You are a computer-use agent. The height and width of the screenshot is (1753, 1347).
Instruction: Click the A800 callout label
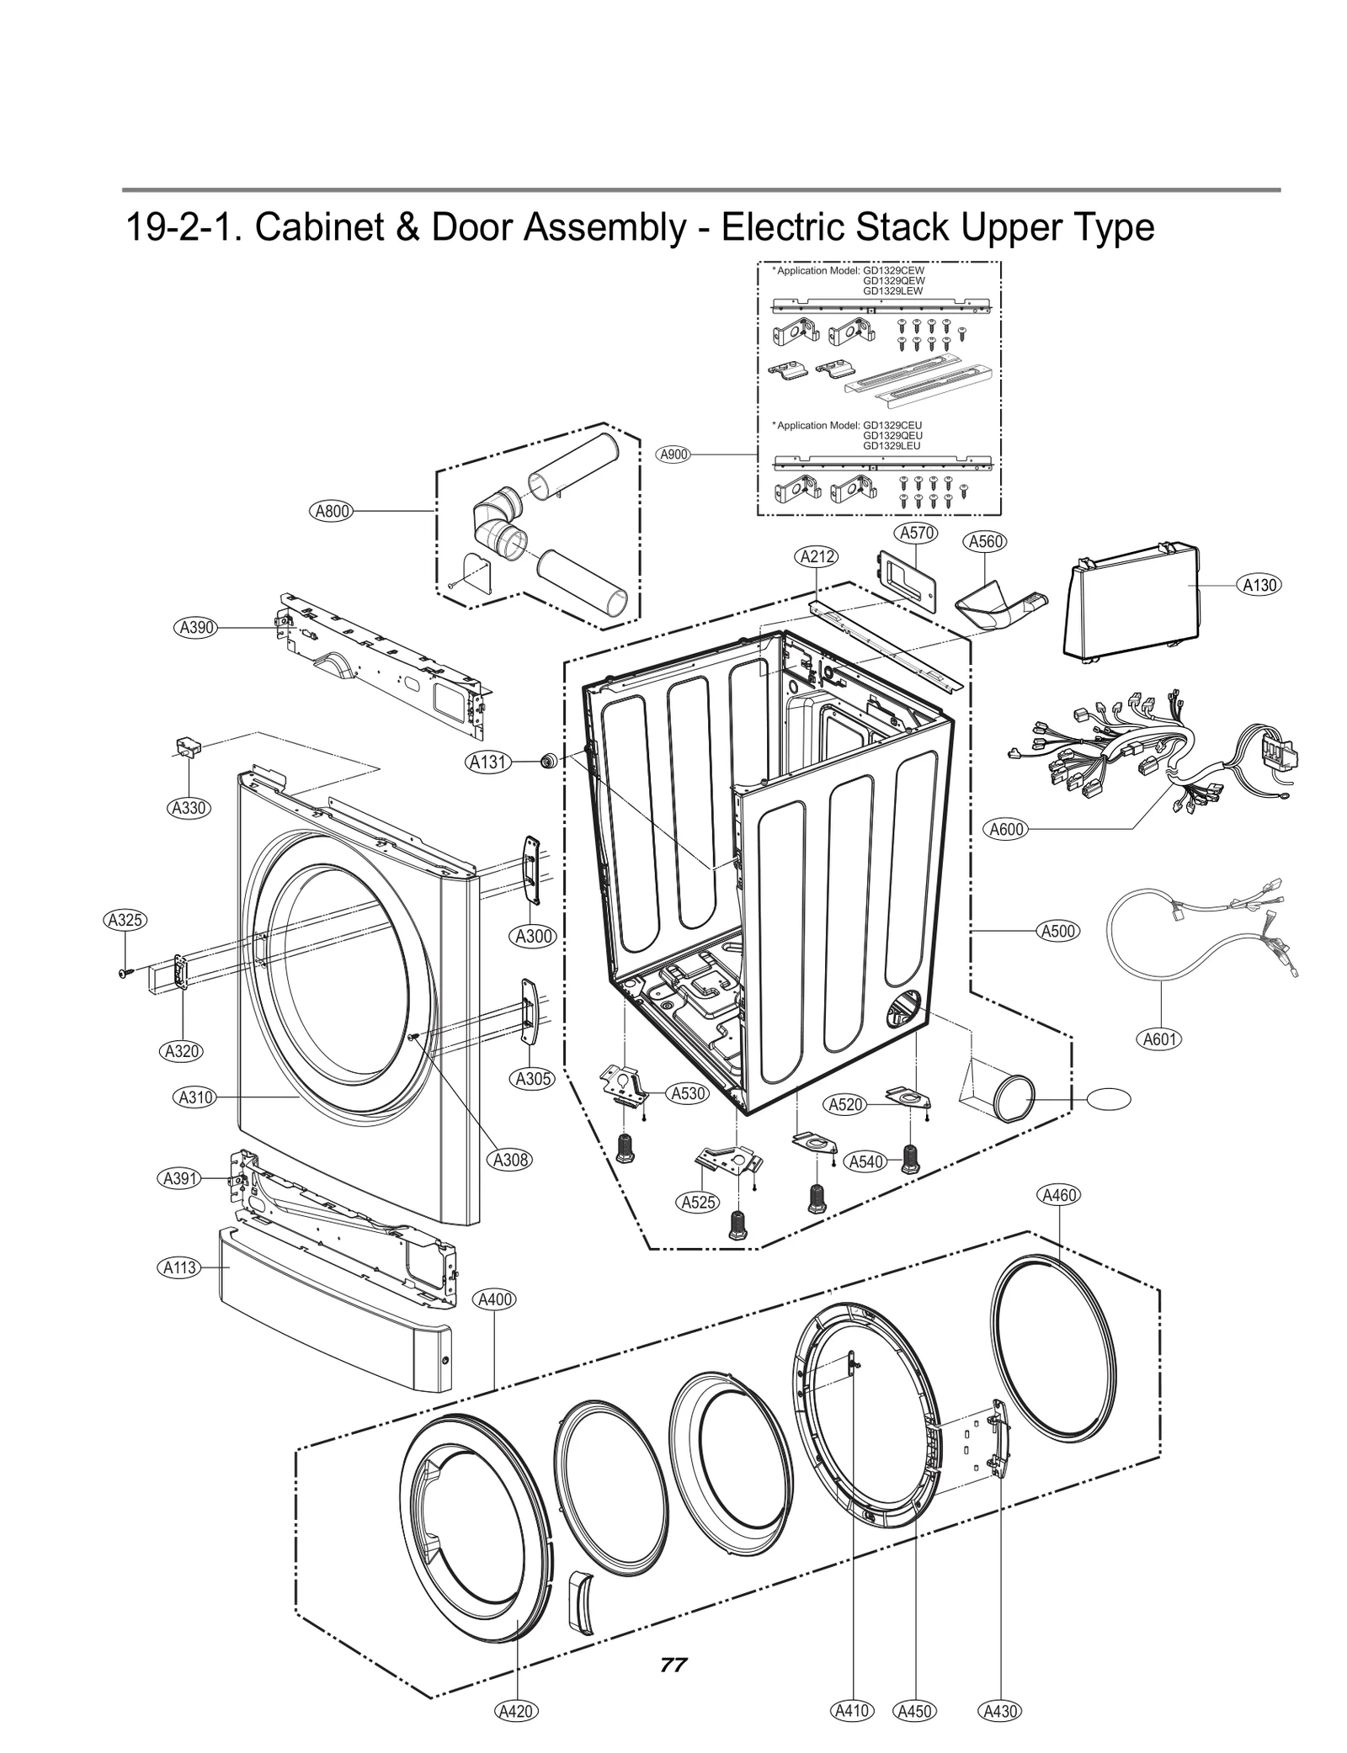coord(332,511)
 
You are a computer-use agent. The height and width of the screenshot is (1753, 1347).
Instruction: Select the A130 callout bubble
coord(1259,585)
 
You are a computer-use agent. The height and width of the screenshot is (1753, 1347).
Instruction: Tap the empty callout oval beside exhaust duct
coord(1109,1099)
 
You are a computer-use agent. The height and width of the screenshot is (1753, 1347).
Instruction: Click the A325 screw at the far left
coord(125,973)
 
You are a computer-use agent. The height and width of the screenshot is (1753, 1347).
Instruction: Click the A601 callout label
coord(1159,1039)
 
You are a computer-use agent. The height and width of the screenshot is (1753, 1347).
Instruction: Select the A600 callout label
coord(1006,829)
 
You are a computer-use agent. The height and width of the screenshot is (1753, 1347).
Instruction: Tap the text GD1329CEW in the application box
coord(893,272)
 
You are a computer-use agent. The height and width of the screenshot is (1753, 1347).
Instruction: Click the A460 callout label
coord(1059,1195)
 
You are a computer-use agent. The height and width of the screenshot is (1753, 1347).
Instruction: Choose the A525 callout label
coord(698,1203)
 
